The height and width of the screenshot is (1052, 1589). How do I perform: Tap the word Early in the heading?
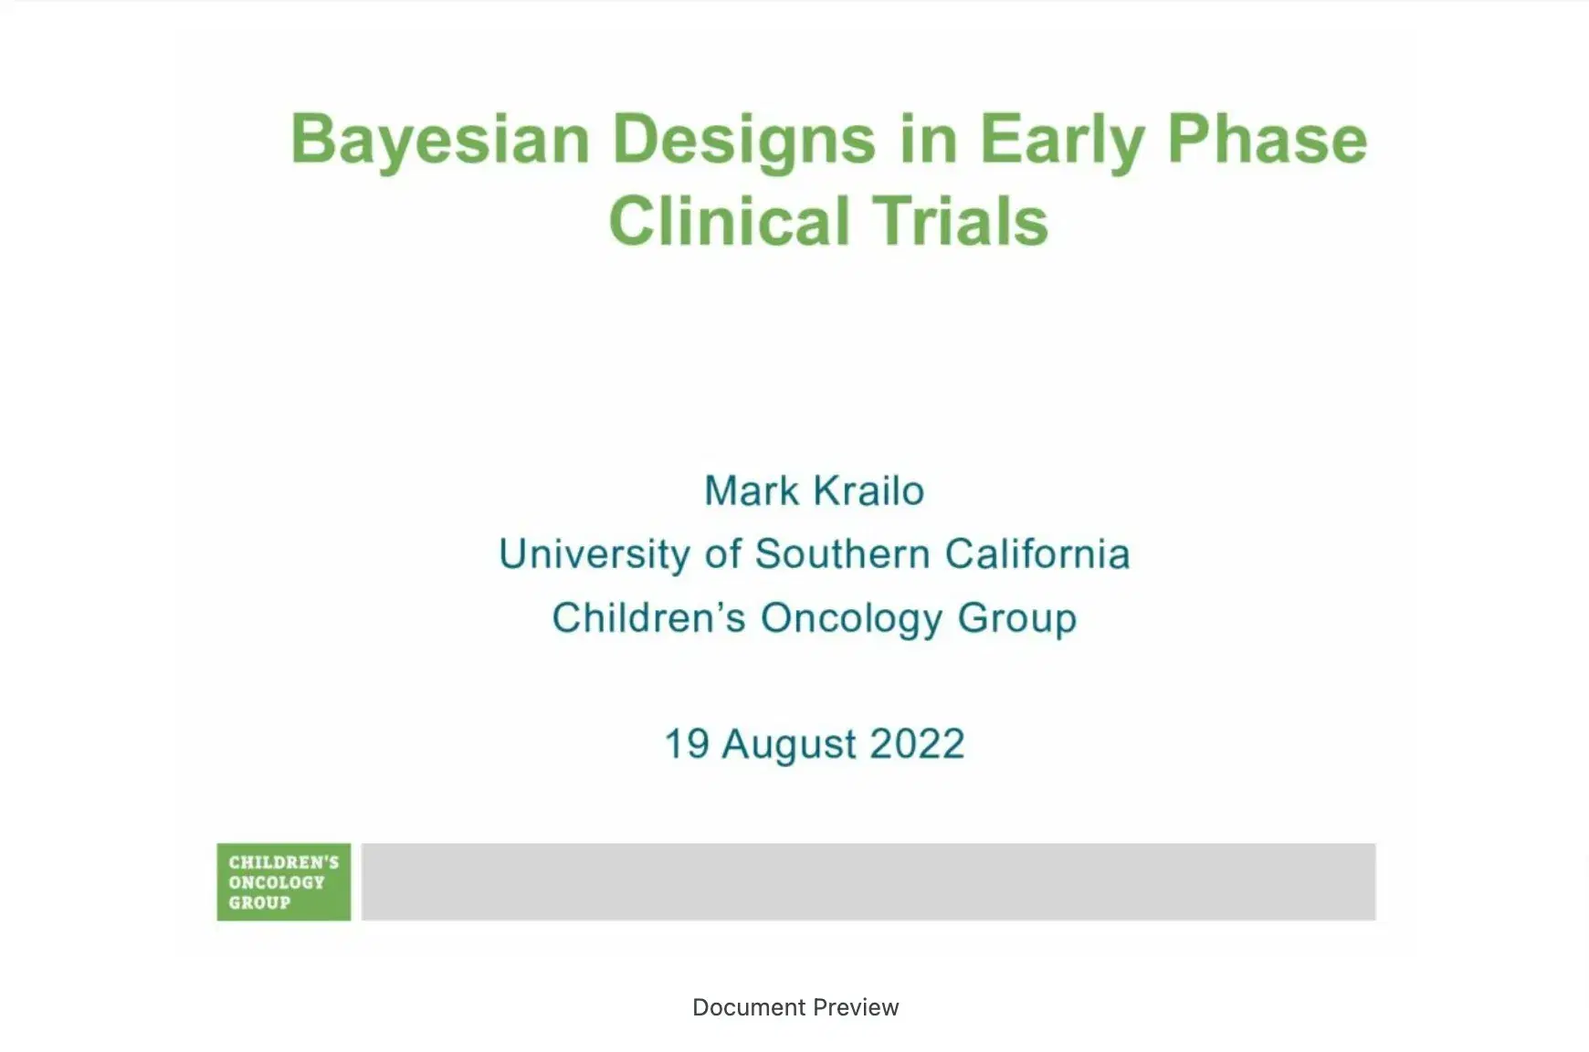tap(1060, 142)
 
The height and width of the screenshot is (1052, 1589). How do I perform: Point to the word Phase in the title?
tap(1268, 140)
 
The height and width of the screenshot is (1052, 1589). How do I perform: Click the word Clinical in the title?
tap(729, 222)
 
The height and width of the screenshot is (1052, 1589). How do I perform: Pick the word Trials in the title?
tap(961, 222)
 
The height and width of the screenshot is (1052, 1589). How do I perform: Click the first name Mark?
tap(752, 491)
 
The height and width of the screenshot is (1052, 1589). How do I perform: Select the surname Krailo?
tap(868, 491)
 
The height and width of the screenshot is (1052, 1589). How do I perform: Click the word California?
tap(1037, 554)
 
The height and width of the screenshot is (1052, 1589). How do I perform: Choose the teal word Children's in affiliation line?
tap(648, 618)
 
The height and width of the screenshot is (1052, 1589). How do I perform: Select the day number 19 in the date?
tap(687, 744)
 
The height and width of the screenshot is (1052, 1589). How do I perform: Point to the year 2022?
tap(917, 744)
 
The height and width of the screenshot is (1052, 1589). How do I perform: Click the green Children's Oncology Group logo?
tap(283, 881)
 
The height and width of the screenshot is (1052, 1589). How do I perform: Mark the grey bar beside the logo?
tap(868, 881)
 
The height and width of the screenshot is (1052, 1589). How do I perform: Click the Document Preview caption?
tap(794, 1007)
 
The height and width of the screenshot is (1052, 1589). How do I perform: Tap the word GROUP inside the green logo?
tap(259, 903)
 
